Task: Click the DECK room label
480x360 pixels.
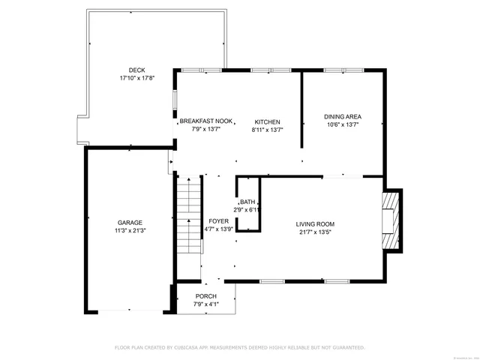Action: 136,70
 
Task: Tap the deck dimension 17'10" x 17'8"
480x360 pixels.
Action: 136,78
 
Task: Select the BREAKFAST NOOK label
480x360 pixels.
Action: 206,121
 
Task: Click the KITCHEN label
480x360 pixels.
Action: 267,121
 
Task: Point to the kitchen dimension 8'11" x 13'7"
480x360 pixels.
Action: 267,130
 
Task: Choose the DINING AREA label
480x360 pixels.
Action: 343,116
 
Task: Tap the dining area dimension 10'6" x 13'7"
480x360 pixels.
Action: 343,124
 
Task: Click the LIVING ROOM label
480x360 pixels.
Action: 315,223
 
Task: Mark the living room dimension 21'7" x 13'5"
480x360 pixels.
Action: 315,232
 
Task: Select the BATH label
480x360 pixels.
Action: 247,202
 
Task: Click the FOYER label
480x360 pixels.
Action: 218,222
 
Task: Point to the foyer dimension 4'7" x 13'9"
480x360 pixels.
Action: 218,230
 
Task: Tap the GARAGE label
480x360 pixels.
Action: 129,223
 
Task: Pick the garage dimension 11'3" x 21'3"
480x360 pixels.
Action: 129,231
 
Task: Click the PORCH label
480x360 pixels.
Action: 205,296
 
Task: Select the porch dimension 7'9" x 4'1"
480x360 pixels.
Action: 205,304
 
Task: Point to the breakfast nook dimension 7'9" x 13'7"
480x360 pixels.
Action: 206,130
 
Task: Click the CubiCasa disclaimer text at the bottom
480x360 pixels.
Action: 239,347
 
